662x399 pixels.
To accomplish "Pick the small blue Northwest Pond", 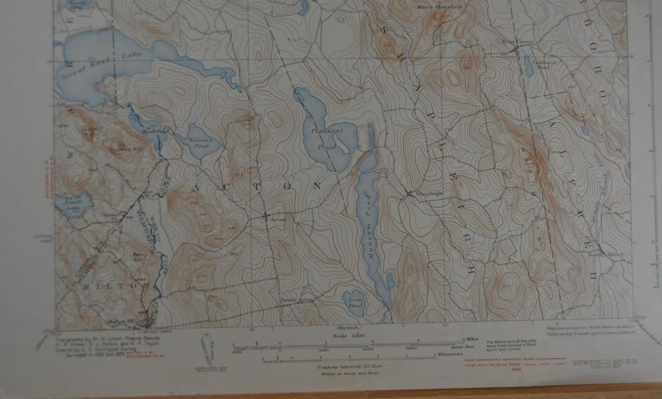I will point(529,68).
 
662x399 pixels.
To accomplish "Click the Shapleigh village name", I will point(428,193).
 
